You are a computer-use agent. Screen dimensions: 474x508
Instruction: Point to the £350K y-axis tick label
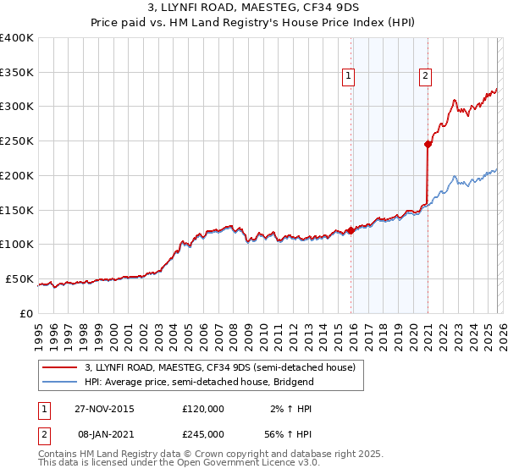tap(17, 73)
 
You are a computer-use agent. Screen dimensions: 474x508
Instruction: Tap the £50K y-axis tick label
tap(19, 278)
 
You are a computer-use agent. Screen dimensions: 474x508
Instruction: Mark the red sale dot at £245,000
tap(428, 145)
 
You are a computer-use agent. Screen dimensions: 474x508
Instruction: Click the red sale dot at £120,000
tap(351, 230)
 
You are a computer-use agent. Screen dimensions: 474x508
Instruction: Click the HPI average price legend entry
tap(199, 382)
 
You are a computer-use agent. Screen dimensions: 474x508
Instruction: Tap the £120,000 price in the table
tap(203, 409)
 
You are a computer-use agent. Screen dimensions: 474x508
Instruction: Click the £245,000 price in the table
tap(203, 433)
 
